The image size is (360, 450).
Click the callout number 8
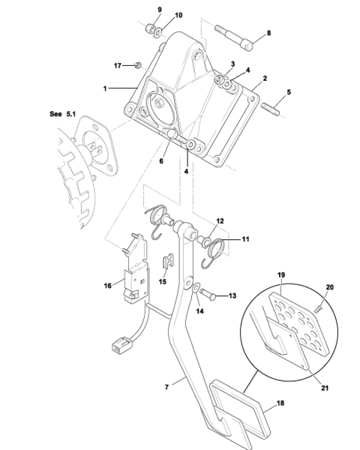[x=268, y=33]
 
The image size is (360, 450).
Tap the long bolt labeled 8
[x=234, y=37]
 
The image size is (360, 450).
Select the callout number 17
[x=118, y=66]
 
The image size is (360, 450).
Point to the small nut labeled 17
[x=138, y=65]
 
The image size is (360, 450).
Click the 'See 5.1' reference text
[x=62, y=114]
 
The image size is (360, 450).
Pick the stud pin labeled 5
[x=271, y=109]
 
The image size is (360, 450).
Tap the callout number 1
[x=105, y=88]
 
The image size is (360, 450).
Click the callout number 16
[x=108, y=286]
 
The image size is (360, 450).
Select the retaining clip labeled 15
[x=168, y=261]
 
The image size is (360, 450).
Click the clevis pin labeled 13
[x=208, y=295]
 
